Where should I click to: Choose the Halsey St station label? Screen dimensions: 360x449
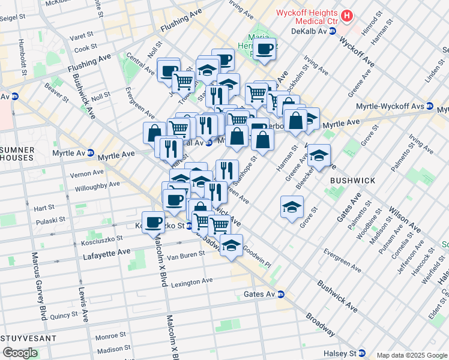[340, 353]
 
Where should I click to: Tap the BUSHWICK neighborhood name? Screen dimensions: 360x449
[352, 180]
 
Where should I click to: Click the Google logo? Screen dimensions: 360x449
[19, 352]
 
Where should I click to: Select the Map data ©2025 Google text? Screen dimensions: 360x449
[412, 355]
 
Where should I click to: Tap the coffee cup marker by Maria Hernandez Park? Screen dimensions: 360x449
[265, 49]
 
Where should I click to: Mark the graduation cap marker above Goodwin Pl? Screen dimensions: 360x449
[231, 245]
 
